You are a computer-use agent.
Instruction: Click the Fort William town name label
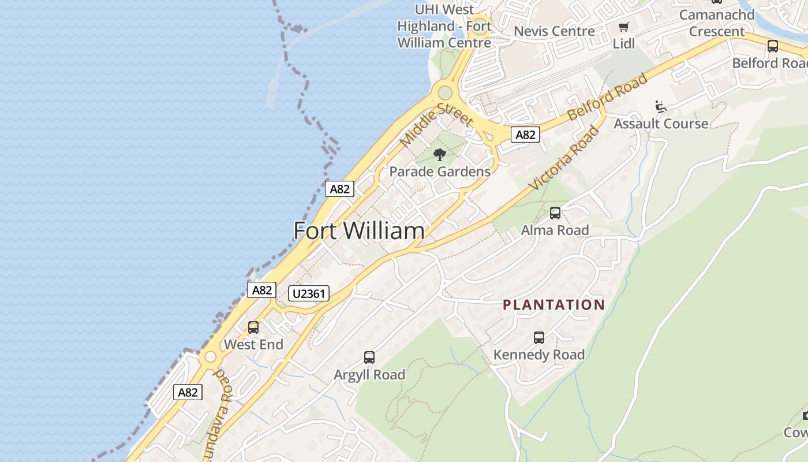[359, 231]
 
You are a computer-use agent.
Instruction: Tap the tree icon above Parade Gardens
[440, 154]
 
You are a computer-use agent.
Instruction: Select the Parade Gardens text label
[440, 172]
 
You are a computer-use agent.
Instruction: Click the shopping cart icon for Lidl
[623, 27]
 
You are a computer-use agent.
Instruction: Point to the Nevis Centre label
[554, 31]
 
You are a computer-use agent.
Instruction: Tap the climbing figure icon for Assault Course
[661, 107]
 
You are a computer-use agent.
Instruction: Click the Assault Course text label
[661, 124]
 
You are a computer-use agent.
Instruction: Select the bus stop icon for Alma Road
[555, 213]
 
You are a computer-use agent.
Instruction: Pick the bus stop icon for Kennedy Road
[539, 338]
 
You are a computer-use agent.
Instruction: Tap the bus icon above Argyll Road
[369, 357]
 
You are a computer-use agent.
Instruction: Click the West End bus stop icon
[253, 327]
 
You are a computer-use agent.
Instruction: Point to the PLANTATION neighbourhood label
[553, 305]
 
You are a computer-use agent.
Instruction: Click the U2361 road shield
[309, 293]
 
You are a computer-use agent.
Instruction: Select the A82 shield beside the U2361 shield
[261, 290]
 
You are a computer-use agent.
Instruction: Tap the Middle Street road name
[436, 124]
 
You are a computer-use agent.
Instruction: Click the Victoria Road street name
[564, 158]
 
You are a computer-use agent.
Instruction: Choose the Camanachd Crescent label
[717, 23]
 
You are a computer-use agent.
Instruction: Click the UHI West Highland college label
[444, 26]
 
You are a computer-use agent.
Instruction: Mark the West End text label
[253, 345]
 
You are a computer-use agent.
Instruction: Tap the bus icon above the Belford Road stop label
[772, 46]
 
